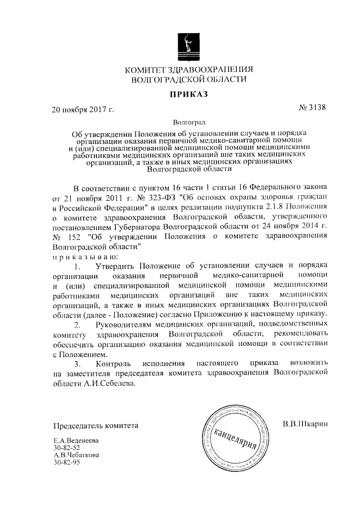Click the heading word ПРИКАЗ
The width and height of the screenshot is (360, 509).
[x=188, y=94]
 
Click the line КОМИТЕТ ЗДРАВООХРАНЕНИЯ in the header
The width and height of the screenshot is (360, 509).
[x=188, y=70]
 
